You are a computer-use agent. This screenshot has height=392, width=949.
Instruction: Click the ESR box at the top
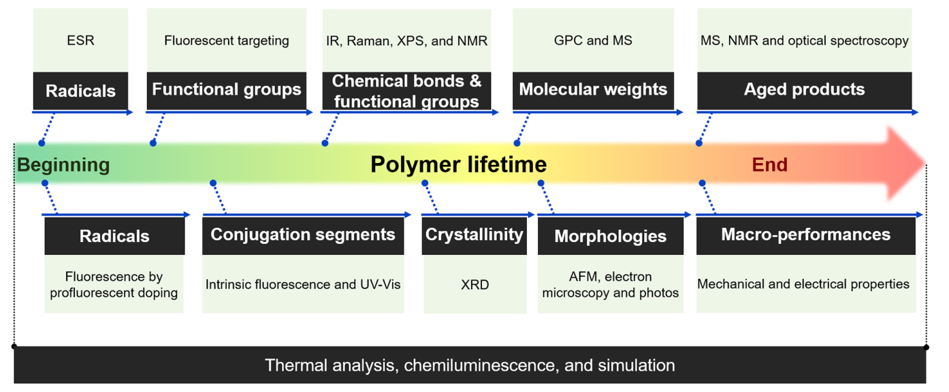pos(80,40)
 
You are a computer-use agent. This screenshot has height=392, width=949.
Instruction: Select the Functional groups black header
pos(226,90)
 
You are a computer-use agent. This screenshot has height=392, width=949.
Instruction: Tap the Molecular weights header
pos(593,90)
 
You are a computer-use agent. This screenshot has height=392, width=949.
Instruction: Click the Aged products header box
pos(804,90)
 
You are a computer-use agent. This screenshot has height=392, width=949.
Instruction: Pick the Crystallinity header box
pos(474,235)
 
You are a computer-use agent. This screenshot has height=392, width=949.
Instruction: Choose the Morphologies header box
pos(610,237)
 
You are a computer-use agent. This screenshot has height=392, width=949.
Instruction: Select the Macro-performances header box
pos(805,235)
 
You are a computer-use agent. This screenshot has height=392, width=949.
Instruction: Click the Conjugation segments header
pos(303,235)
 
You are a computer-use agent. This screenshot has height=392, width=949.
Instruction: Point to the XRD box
pos(474,284)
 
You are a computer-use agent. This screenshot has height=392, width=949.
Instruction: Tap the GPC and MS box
pos(593,40)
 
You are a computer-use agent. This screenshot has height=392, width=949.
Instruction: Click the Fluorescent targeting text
pos(226,40)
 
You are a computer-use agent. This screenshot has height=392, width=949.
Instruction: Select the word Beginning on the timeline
pos(63,165)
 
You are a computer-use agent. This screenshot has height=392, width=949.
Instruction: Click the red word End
pos(769,165)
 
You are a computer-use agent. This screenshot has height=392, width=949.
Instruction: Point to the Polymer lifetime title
pos(458,165)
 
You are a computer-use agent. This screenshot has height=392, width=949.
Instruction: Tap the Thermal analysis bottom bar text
pos(470,365)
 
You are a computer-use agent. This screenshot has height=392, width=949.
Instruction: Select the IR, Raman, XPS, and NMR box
pos(406,40)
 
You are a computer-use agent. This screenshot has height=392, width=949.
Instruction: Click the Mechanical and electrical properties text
pos(803,284)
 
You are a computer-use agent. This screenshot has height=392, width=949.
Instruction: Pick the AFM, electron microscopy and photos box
pos(610,284)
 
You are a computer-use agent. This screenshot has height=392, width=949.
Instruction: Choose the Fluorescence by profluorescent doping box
pos(114,284)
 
